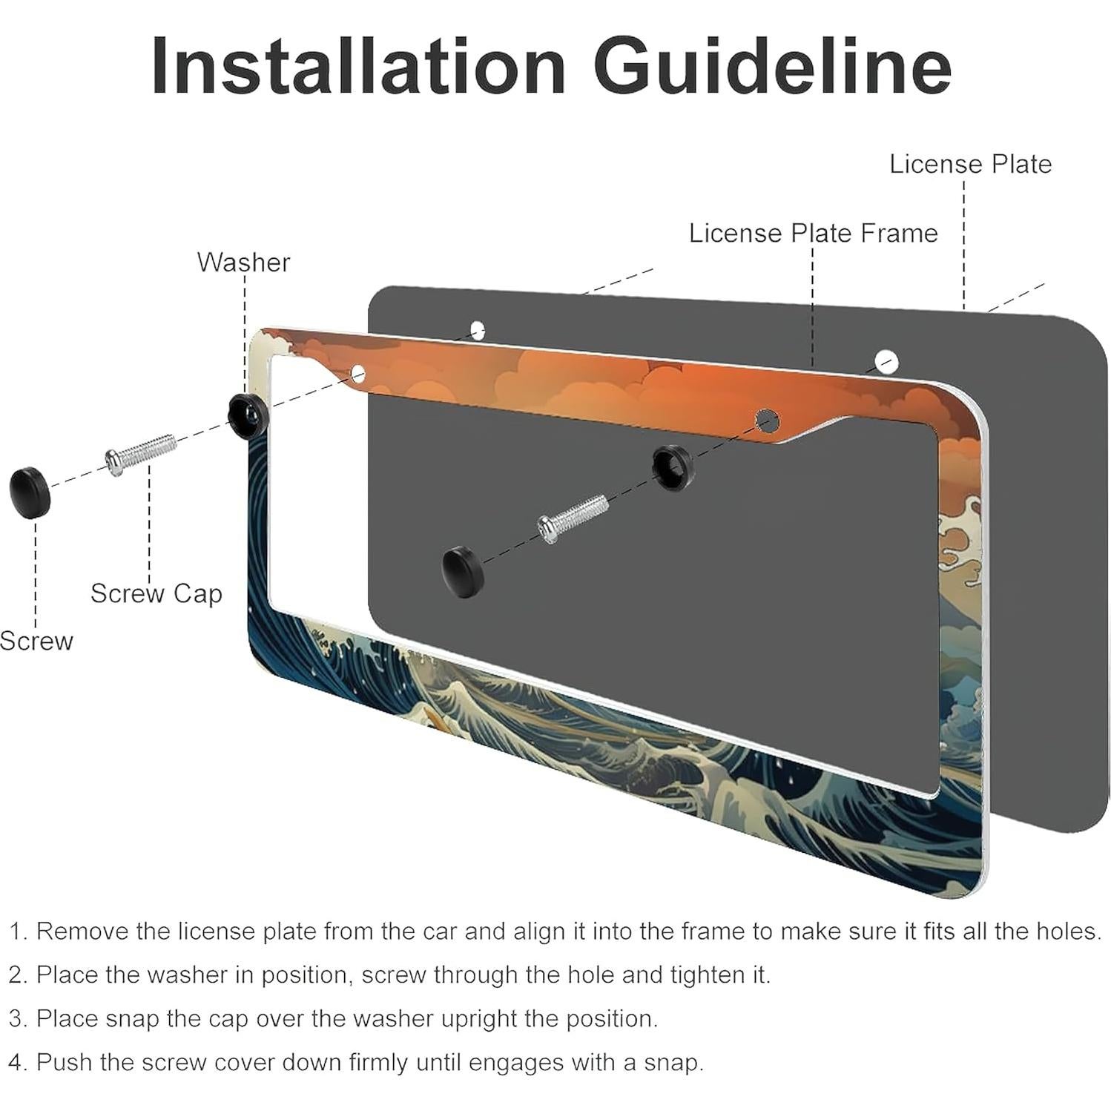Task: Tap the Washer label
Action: (x=243, y=262)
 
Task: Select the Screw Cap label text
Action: (x=156, y=593)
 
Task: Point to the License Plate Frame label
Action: (x=814, y=233)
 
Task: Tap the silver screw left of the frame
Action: (x=141, y=452)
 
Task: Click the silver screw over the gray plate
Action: (x=573, y=518)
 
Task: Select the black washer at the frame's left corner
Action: (x=246, y=415)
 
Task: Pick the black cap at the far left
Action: (x=29, y=491)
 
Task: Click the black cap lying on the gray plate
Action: (x=462, y=571)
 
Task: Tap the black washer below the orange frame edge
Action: (x=673, y=467)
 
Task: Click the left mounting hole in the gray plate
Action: (x=478, y=329)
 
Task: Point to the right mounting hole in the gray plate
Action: (x=886, y=361)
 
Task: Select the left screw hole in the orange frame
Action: (x=358, y=372)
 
